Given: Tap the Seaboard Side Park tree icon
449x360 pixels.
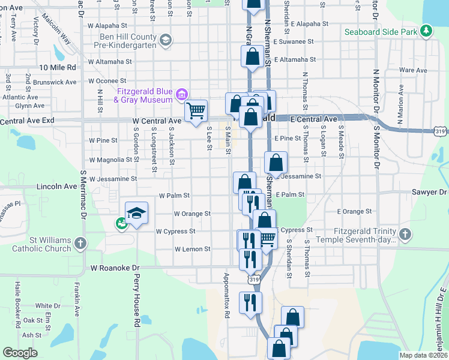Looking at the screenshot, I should [x=426, y=31].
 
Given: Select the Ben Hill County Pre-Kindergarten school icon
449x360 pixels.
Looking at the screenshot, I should [x=166, y=40].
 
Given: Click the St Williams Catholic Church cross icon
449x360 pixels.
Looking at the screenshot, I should [x=80, y=244].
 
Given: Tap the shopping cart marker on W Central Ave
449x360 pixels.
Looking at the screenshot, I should [x=196, y=110].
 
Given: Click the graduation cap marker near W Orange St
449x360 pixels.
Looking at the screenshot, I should [x=137, y=212].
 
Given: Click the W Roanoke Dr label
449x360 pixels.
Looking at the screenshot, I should [x=114, y=268].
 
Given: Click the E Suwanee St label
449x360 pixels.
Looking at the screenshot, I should [x=294, y=42].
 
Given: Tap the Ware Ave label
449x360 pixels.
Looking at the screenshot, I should [x=413, y=70].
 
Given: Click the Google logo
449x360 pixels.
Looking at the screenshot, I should [x=20, y=353].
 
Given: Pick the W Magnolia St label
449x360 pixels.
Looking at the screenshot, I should [x=110, y=160].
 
